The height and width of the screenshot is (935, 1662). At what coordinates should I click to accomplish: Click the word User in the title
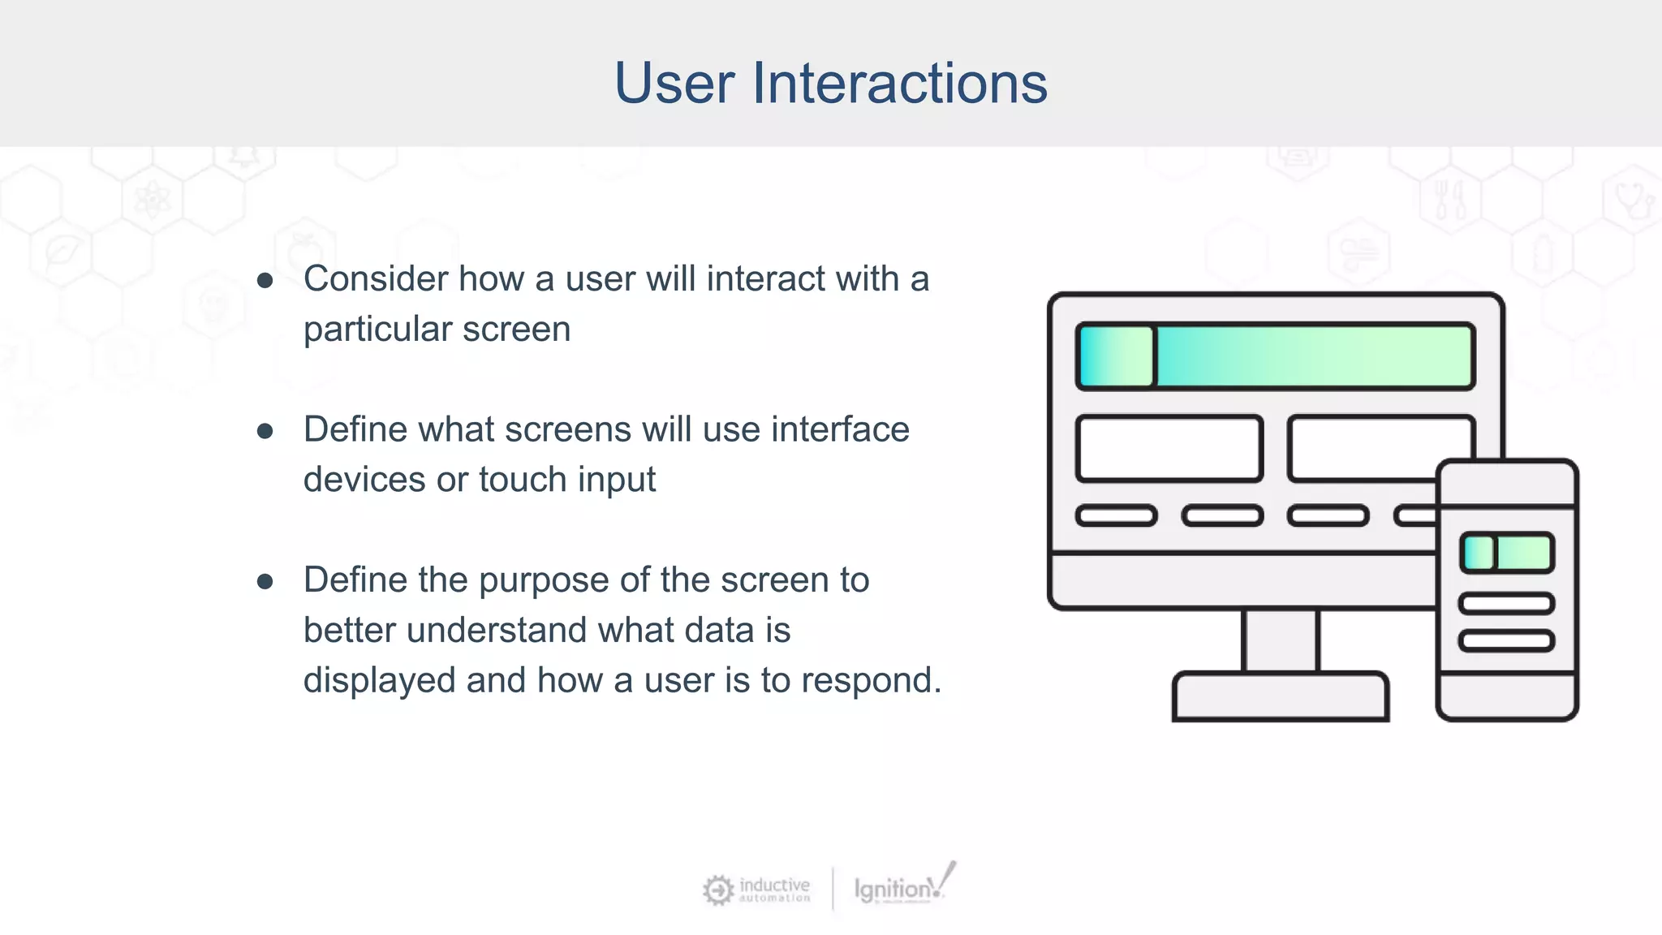674,83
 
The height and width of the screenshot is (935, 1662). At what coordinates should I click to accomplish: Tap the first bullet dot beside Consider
265,281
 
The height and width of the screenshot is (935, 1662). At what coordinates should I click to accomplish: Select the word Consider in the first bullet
375,278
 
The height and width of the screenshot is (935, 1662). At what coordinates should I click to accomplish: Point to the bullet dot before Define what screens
265,431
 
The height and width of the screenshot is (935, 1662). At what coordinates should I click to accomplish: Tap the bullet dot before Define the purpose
265,582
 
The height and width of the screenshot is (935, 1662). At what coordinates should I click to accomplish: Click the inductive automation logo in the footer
756,890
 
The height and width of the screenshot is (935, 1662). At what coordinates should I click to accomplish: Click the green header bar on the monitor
1274,356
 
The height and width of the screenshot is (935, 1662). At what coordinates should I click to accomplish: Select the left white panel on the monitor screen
1169,449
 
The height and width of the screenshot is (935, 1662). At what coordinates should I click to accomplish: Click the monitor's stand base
1280,696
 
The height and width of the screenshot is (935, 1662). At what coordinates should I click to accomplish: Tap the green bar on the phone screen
1506,553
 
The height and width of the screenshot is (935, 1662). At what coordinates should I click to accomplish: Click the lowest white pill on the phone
1506,641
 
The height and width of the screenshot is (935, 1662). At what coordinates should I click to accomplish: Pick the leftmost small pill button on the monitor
1116,515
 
